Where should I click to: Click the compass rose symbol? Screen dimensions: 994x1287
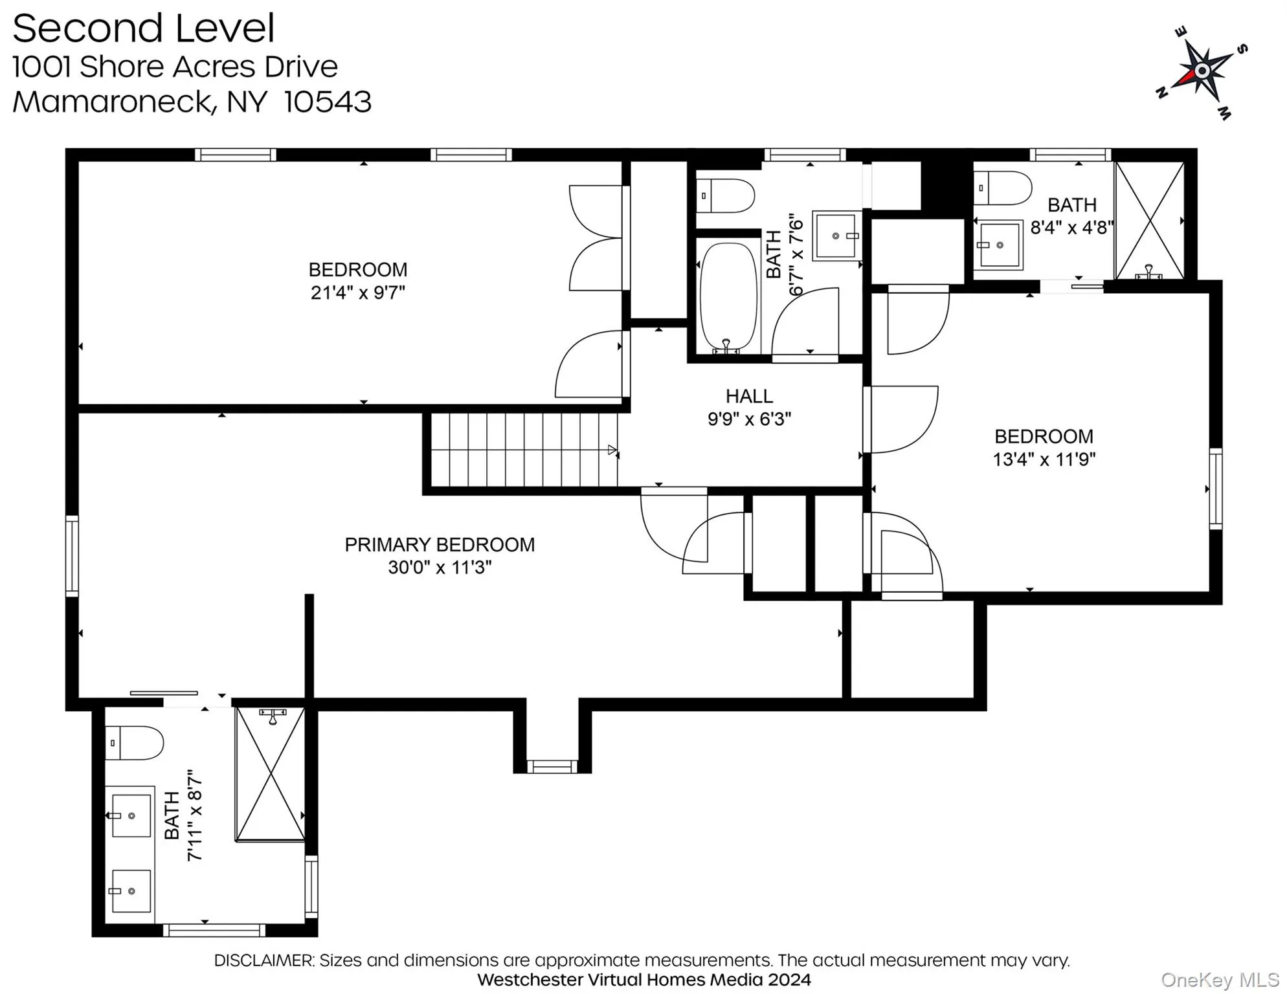(1202, 71)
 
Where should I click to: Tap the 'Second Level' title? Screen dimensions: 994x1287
(144, 28)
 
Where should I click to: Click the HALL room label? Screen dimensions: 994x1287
(749, 396)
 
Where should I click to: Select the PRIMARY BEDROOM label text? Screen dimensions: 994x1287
(440, 545)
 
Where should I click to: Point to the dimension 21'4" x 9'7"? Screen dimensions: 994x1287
(357, 293)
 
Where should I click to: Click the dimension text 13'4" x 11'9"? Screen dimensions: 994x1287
(1044, 459)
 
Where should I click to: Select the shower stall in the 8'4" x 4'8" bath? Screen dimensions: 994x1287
(1150, 221)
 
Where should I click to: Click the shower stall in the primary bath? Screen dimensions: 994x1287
(270, 774)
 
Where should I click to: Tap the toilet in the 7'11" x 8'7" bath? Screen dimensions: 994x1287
(135, 743)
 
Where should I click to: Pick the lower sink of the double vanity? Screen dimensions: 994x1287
(131, 891)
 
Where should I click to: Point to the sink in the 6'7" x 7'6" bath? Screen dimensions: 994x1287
(836, 236)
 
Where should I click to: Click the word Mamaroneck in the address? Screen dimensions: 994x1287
(114, 102)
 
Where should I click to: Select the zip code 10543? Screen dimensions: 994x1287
(328, 102)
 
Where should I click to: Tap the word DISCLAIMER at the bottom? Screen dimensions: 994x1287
(263, 960)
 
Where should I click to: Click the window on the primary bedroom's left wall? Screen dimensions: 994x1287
(72, 556)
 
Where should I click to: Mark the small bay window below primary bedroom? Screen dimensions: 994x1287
(552, 767)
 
